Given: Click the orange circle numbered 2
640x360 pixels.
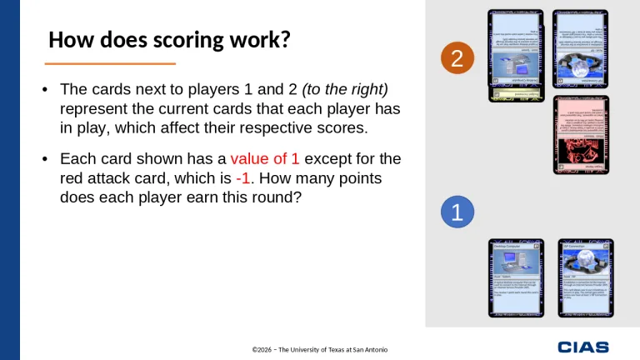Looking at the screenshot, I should click(456, 58).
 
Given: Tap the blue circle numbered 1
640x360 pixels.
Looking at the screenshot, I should click(456, 212).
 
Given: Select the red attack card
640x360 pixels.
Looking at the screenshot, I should click(581, 134).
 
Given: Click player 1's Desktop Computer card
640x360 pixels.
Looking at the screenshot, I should click(515, 278).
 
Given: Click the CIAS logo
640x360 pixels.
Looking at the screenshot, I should click(582, 347).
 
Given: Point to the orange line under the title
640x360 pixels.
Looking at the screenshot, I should click(110, 63).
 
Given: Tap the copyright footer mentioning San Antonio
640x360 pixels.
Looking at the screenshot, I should click(319, 349).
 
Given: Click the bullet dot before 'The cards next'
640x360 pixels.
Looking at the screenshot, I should click(45, 89).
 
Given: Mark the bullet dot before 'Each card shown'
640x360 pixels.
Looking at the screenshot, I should click(45, 158).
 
